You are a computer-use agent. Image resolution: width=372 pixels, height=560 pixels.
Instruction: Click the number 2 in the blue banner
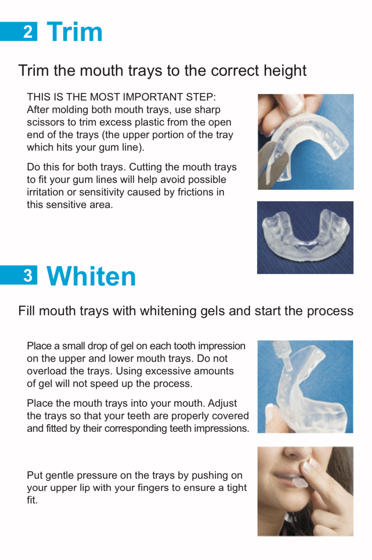(x=28, y=32)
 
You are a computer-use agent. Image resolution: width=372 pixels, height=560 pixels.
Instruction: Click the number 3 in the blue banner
(x=28, y=275)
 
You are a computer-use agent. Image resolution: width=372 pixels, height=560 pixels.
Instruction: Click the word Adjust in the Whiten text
(x=222, y=403)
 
